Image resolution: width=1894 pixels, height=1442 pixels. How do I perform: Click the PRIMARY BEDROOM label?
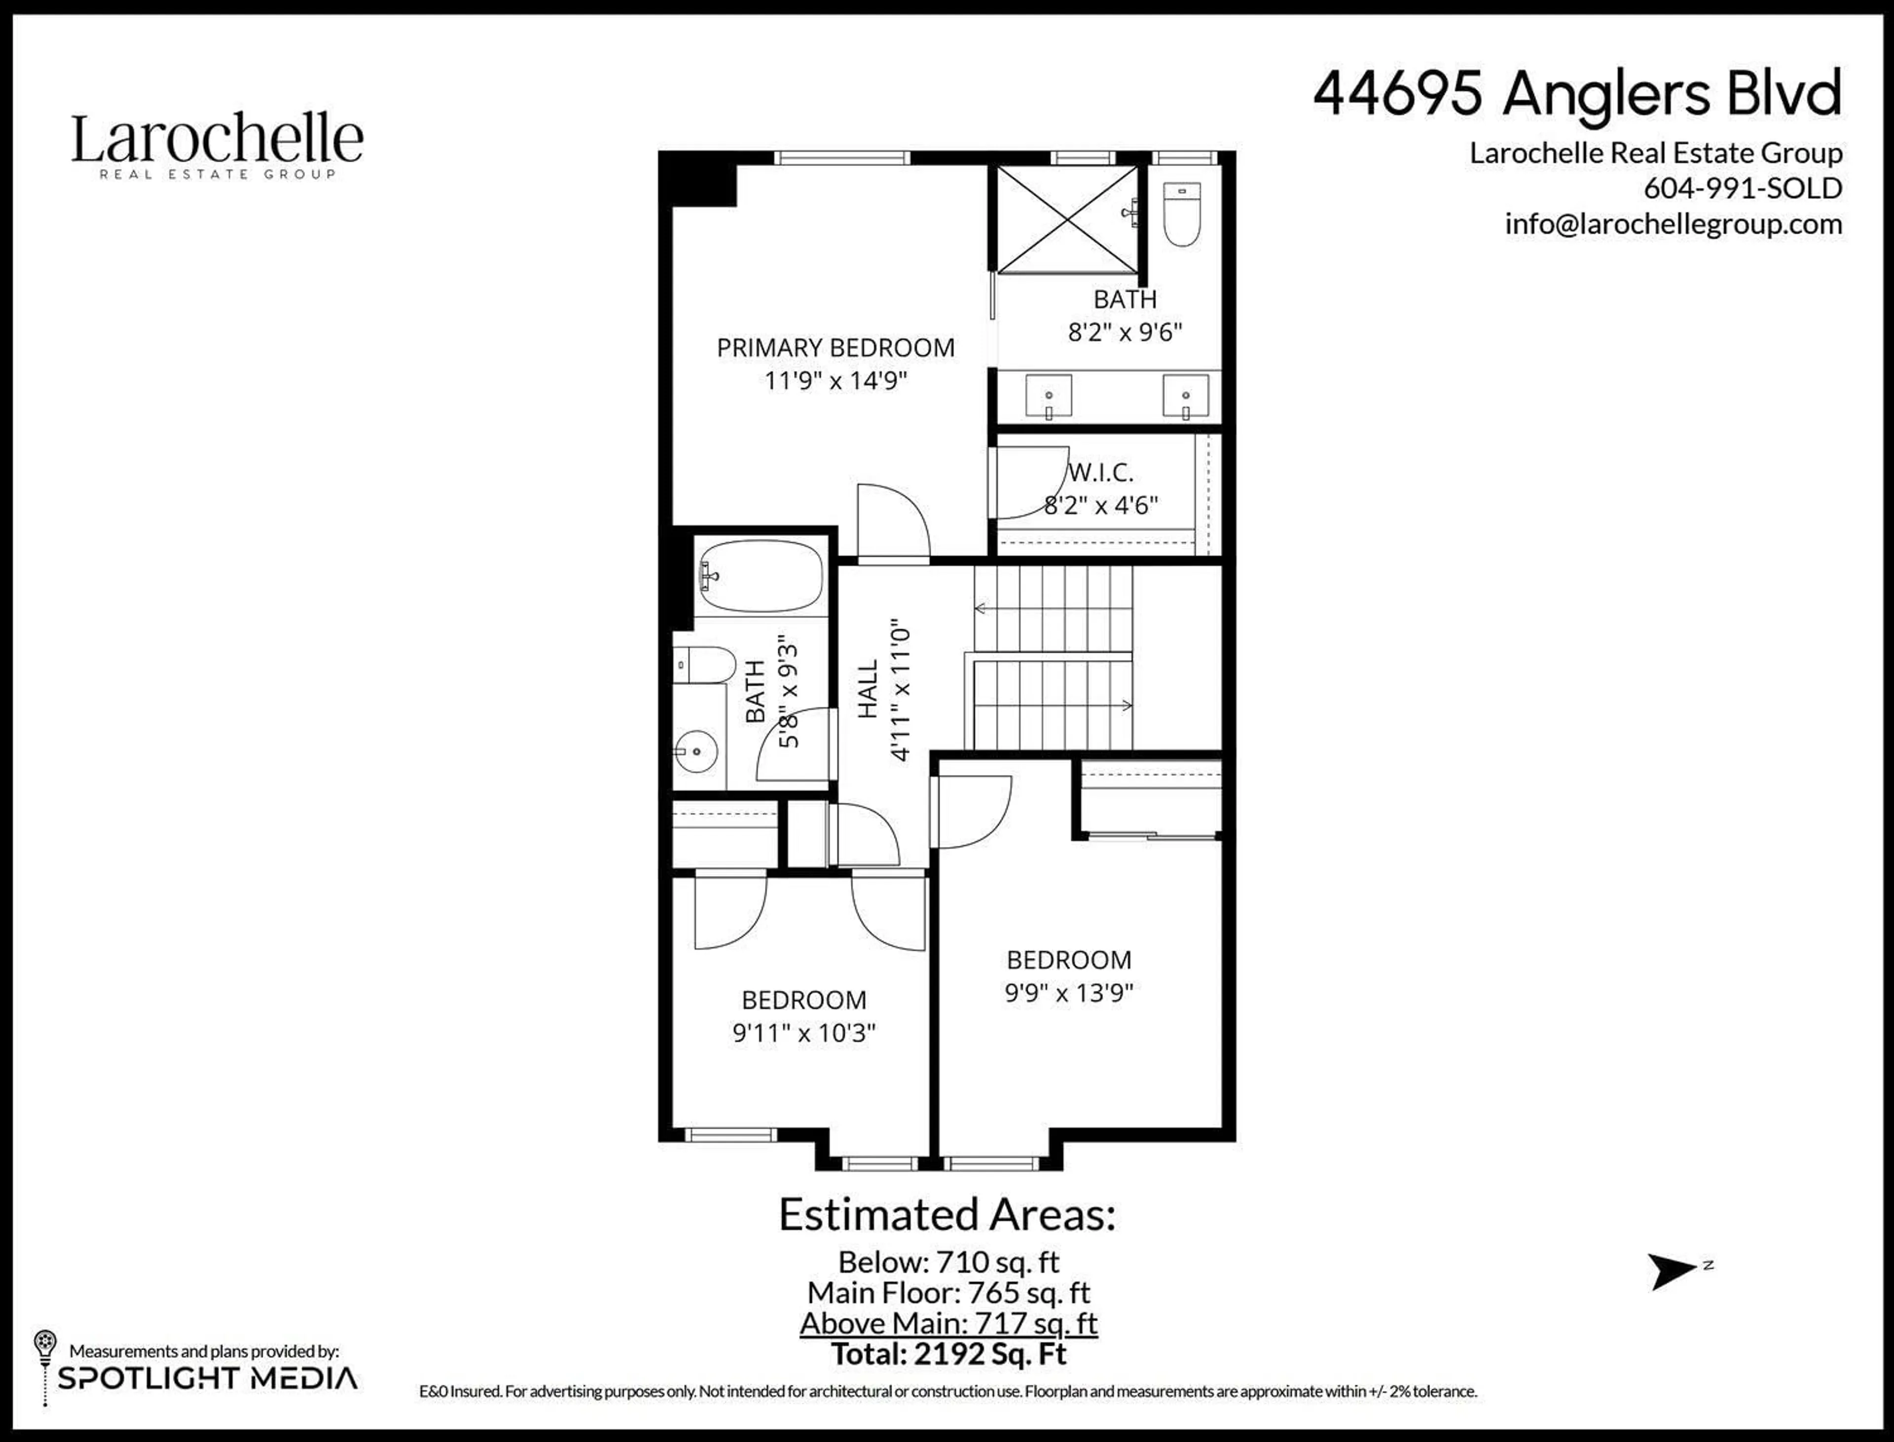pyautogui.click(x=836, y=348)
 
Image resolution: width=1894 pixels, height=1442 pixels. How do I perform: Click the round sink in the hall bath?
pyautogui.click(x=697, y=751)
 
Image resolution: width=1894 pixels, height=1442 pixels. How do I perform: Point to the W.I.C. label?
pyautogui.click(x=1101, y=472)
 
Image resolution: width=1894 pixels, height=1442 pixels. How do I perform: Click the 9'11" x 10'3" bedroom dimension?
pyautogui.click(x=803, y=1033)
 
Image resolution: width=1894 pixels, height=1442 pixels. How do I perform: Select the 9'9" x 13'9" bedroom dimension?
pyautogui.click(x=1069, y=993)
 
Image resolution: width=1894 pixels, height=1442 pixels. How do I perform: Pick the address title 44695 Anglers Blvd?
pyautogui.click(x=1578, y=94)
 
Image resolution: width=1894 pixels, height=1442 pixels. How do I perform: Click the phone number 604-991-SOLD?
pyautogui.click(x=1743, y=188)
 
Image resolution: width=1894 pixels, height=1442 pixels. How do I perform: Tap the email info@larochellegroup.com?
pyautogui.click(x=1674, y=224)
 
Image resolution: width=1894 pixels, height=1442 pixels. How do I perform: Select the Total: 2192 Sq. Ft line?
pyautogui.click(x=948, y=1354)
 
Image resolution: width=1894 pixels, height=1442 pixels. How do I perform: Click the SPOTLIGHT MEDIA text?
pyautogui.click(x=207, y=1378)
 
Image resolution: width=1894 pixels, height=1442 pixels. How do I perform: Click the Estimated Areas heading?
pyautogui.click(x=947, y=1215)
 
